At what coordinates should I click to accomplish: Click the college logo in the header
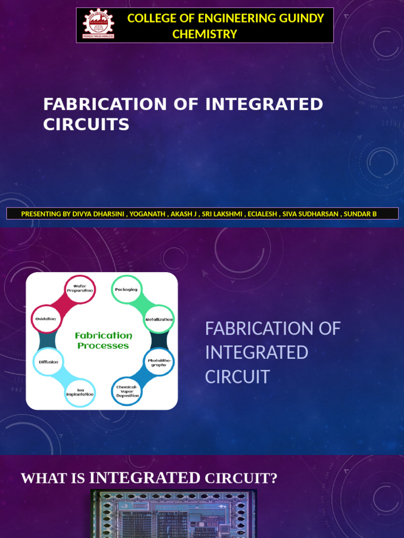[98, 25]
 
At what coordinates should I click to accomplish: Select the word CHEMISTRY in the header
[205, 34]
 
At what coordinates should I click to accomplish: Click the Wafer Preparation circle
[80, 288]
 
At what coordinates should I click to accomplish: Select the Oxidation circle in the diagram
[46, 319]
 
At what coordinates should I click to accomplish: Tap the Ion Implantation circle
[80, 392]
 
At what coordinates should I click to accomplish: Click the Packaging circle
[126, 289]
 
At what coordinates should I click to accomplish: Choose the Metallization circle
[159, 319]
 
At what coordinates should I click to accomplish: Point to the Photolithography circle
[159, 363]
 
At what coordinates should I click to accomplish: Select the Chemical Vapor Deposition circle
[128, 391]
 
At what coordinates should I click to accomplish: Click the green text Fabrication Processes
[103, 340]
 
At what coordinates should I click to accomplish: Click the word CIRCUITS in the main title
[86, 125]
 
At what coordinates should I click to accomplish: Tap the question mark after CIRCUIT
[273, 479]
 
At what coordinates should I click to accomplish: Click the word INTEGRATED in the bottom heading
[145, 478]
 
